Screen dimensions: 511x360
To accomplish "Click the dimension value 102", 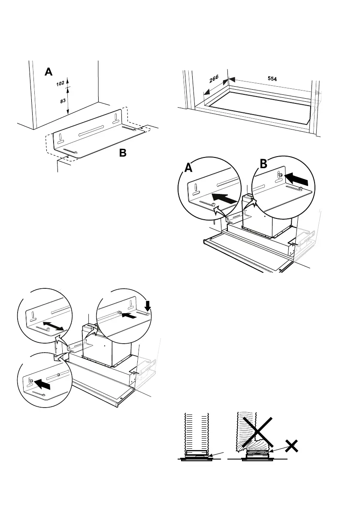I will [x=60, y=84].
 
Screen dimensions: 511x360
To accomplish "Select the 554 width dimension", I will [x=272, y=79].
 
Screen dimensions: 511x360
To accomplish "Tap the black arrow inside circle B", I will [x=296, y=175].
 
